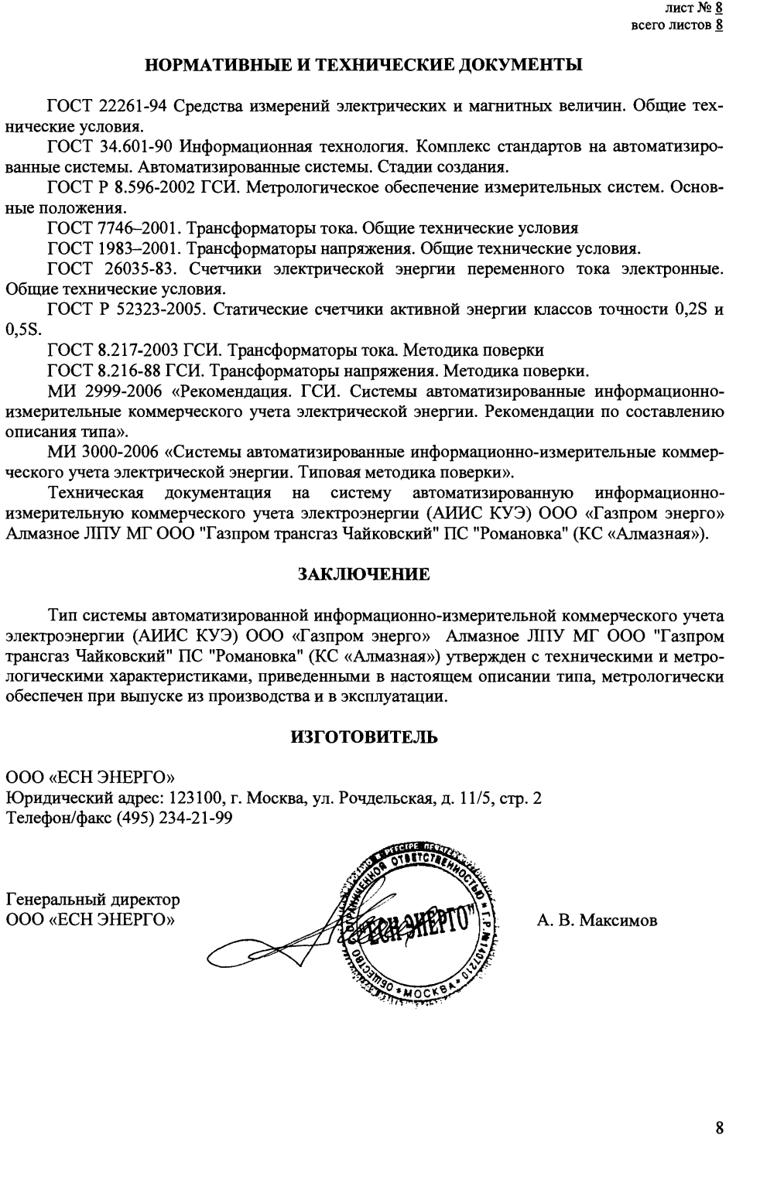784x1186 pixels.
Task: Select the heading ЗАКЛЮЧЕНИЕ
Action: tap(364, 575)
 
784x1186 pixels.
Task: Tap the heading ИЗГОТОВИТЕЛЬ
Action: tap(364, 737)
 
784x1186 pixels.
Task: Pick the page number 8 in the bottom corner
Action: tap(720, 1129)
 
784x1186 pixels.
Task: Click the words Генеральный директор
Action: tap(93, 901)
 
